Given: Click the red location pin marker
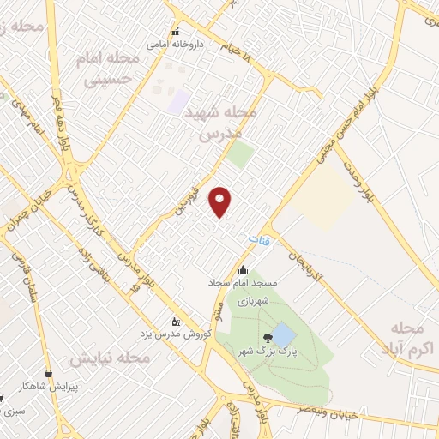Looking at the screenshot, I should point(221,201).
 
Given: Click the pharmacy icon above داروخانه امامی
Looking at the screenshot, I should point(176,31).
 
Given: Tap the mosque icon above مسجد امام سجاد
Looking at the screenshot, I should point(243,269).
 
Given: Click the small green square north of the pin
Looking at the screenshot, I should point(240,155).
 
